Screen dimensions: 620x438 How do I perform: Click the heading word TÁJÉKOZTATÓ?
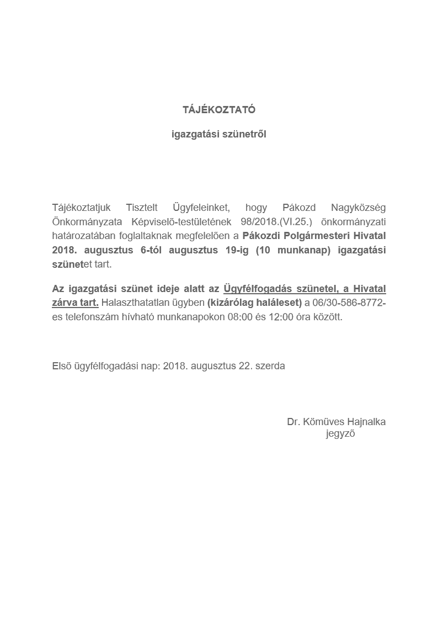219,110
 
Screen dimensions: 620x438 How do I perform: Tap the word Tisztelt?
142,208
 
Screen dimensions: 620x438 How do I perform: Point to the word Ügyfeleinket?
201,208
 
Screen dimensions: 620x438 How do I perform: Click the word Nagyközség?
358,208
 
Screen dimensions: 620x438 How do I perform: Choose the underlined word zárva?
65,303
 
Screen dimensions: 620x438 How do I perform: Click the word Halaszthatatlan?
133,303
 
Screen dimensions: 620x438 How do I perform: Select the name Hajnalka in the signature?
367,422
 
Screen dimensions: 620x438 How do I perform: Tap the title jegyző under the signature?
340,434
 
